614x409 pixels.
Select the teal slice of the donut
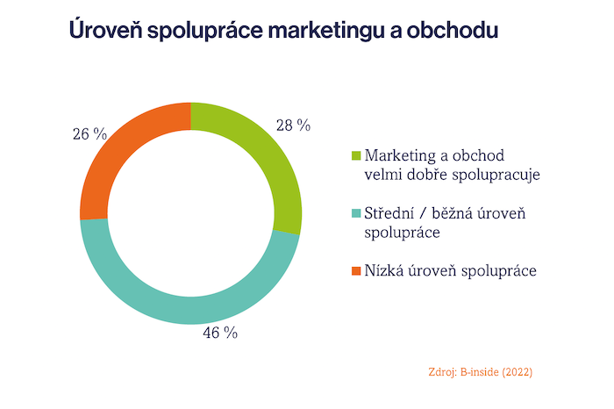tap(175, 299)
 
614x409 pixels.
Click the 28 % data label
tap(293, 126)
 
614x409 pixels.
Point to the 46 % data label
tap(220, 333)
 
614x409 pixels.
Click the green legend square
tap(355, 156)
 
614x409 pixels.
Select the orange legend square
tap(355, 270)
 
